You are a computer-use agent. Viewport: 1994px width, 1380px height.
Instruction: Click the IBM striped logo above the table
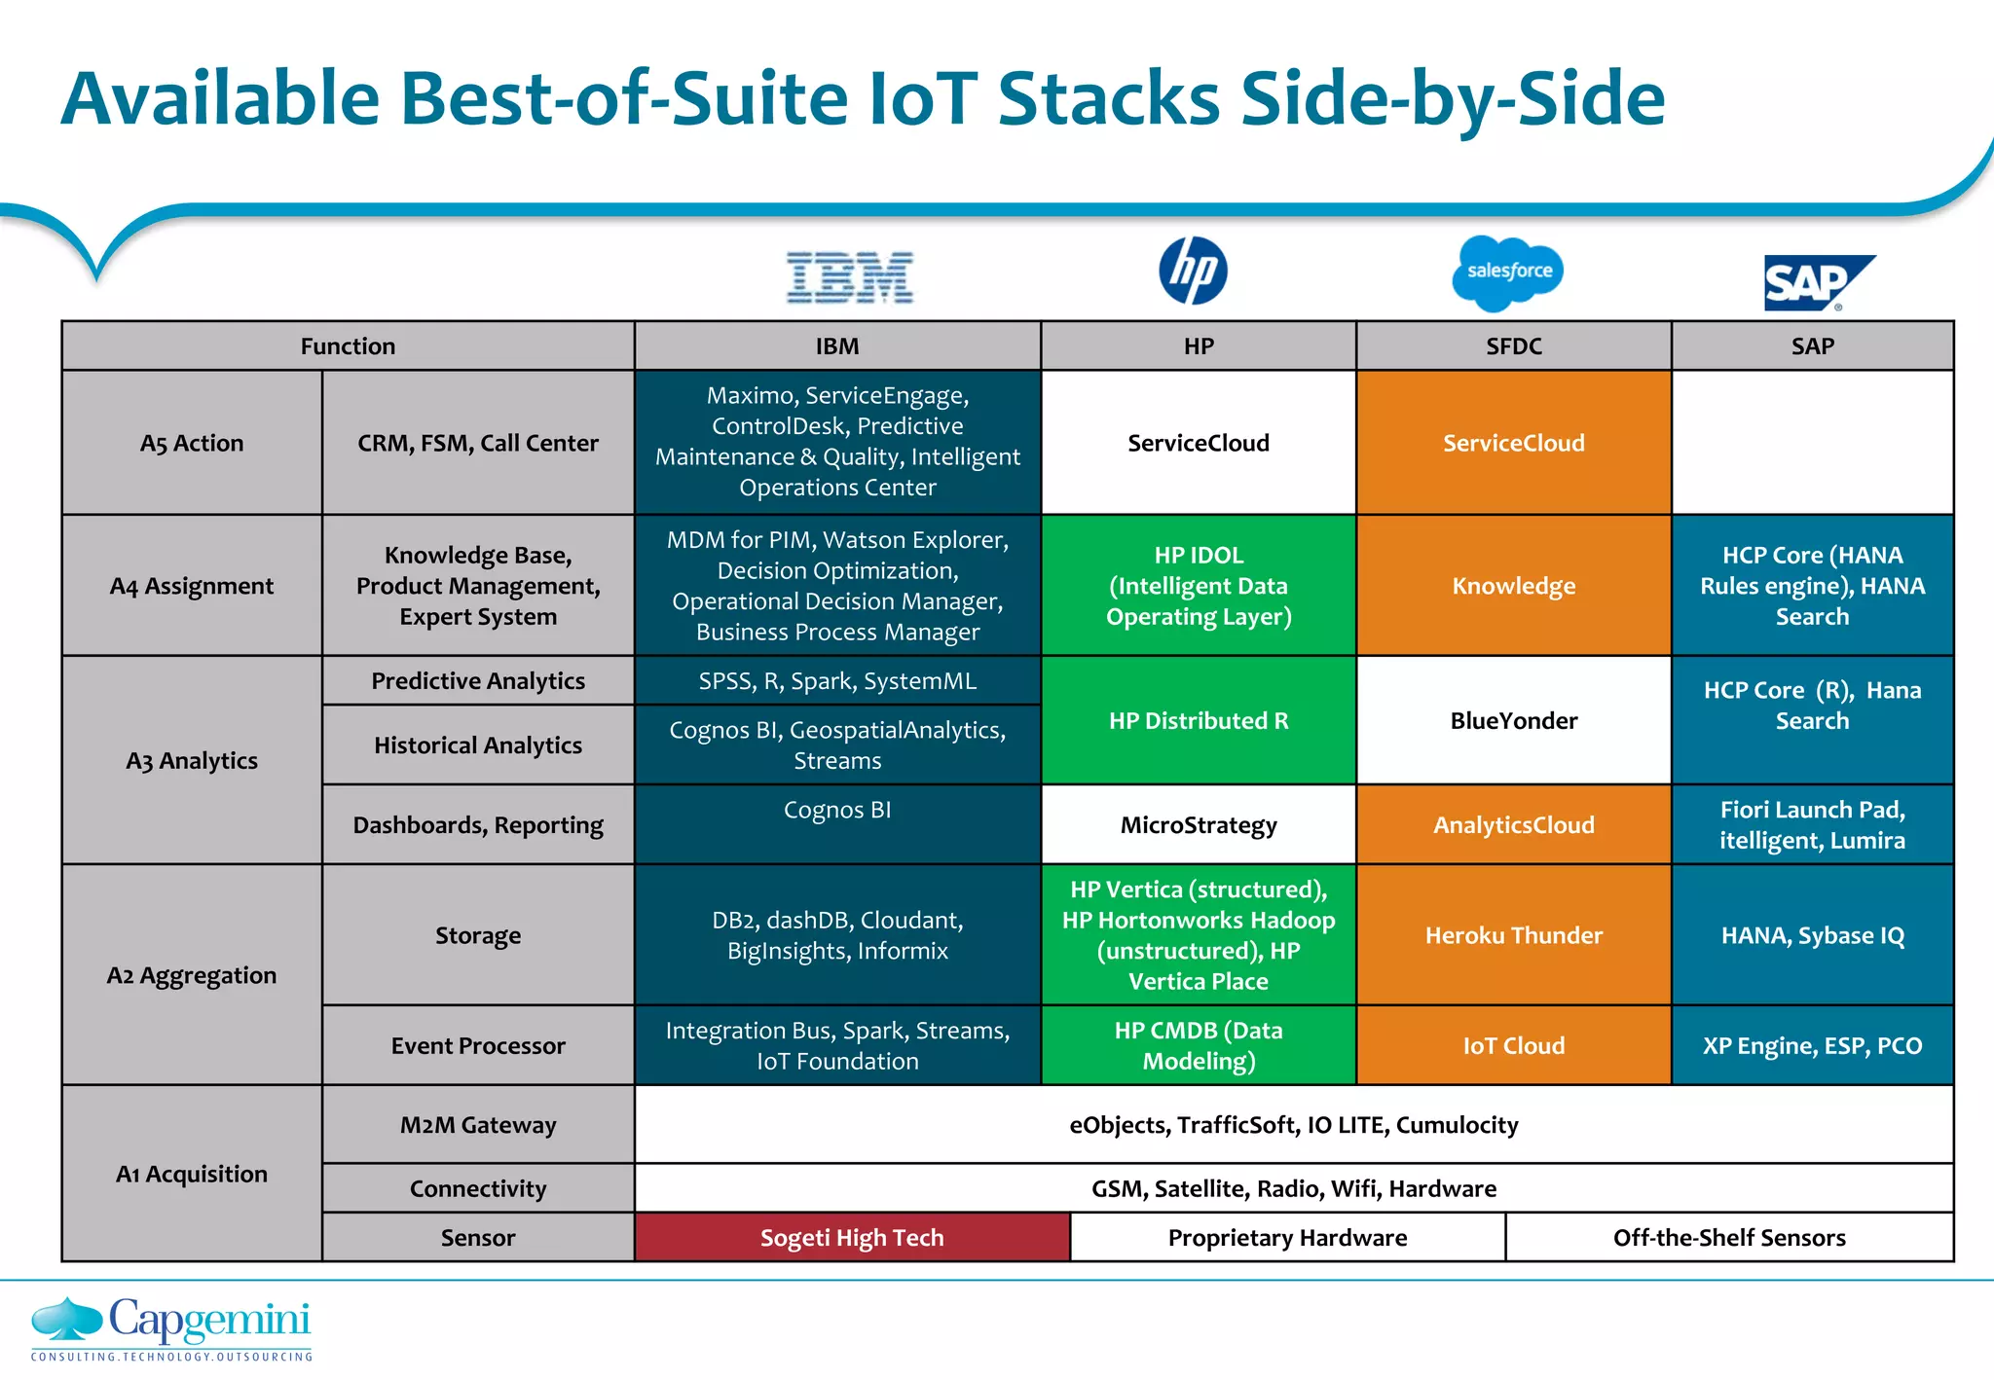pos(850,277)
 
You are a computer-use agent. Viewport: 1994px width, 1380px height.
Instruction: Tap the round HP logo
pos(1193,271)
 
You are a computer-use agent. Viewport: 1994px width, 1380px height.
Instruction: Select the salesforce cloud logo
pos(1508,272)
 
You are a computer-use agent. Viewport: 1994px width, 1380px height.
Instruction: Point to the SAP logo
pos(1816,282)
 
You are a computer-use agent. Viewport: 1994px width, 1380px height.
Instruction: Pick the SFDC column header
pos(1513,346)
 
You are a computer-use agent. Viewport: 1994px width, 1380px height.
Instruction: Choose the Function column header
pos(348,346)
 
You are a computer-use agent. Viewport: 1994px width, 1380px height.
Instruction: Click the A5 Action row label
pos(192,443)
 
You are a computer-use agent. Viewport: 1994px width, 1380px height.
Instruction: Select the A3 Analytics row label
pos(192,760)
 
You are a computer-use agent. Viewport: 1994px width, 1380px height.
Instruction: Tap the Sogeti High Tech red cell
pos(852,1237)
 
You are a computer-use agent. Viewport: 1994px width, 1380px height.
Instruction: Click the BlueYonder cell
pos(1513,720)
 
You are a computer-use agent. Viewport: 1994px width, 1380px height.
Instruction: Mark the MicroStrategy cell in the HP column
pos(1198,824)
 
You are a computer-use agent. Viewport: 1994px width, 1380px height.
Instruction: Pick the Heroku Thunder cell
pos(1513,934)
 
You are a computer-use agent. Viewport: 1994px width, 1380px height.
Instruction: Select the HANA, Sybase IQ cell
pos(1812,934)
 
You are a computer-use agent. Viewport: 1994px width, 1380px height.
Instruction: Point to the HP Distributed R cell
pos(1198,720)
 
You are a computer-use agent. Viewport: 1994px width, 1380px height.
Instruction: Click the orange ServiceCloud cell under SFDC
pos(1513,443)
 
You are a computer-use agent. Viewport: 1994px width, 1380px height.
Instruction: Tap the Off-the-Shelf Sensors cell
pos(1729,1237)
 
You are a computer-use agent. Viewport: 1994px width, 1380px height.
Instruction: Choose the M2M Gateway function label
pos(478,1124)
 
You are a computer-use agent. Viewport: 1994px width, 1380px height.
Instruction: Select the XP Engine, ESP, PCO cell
pos(1812,1045)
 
